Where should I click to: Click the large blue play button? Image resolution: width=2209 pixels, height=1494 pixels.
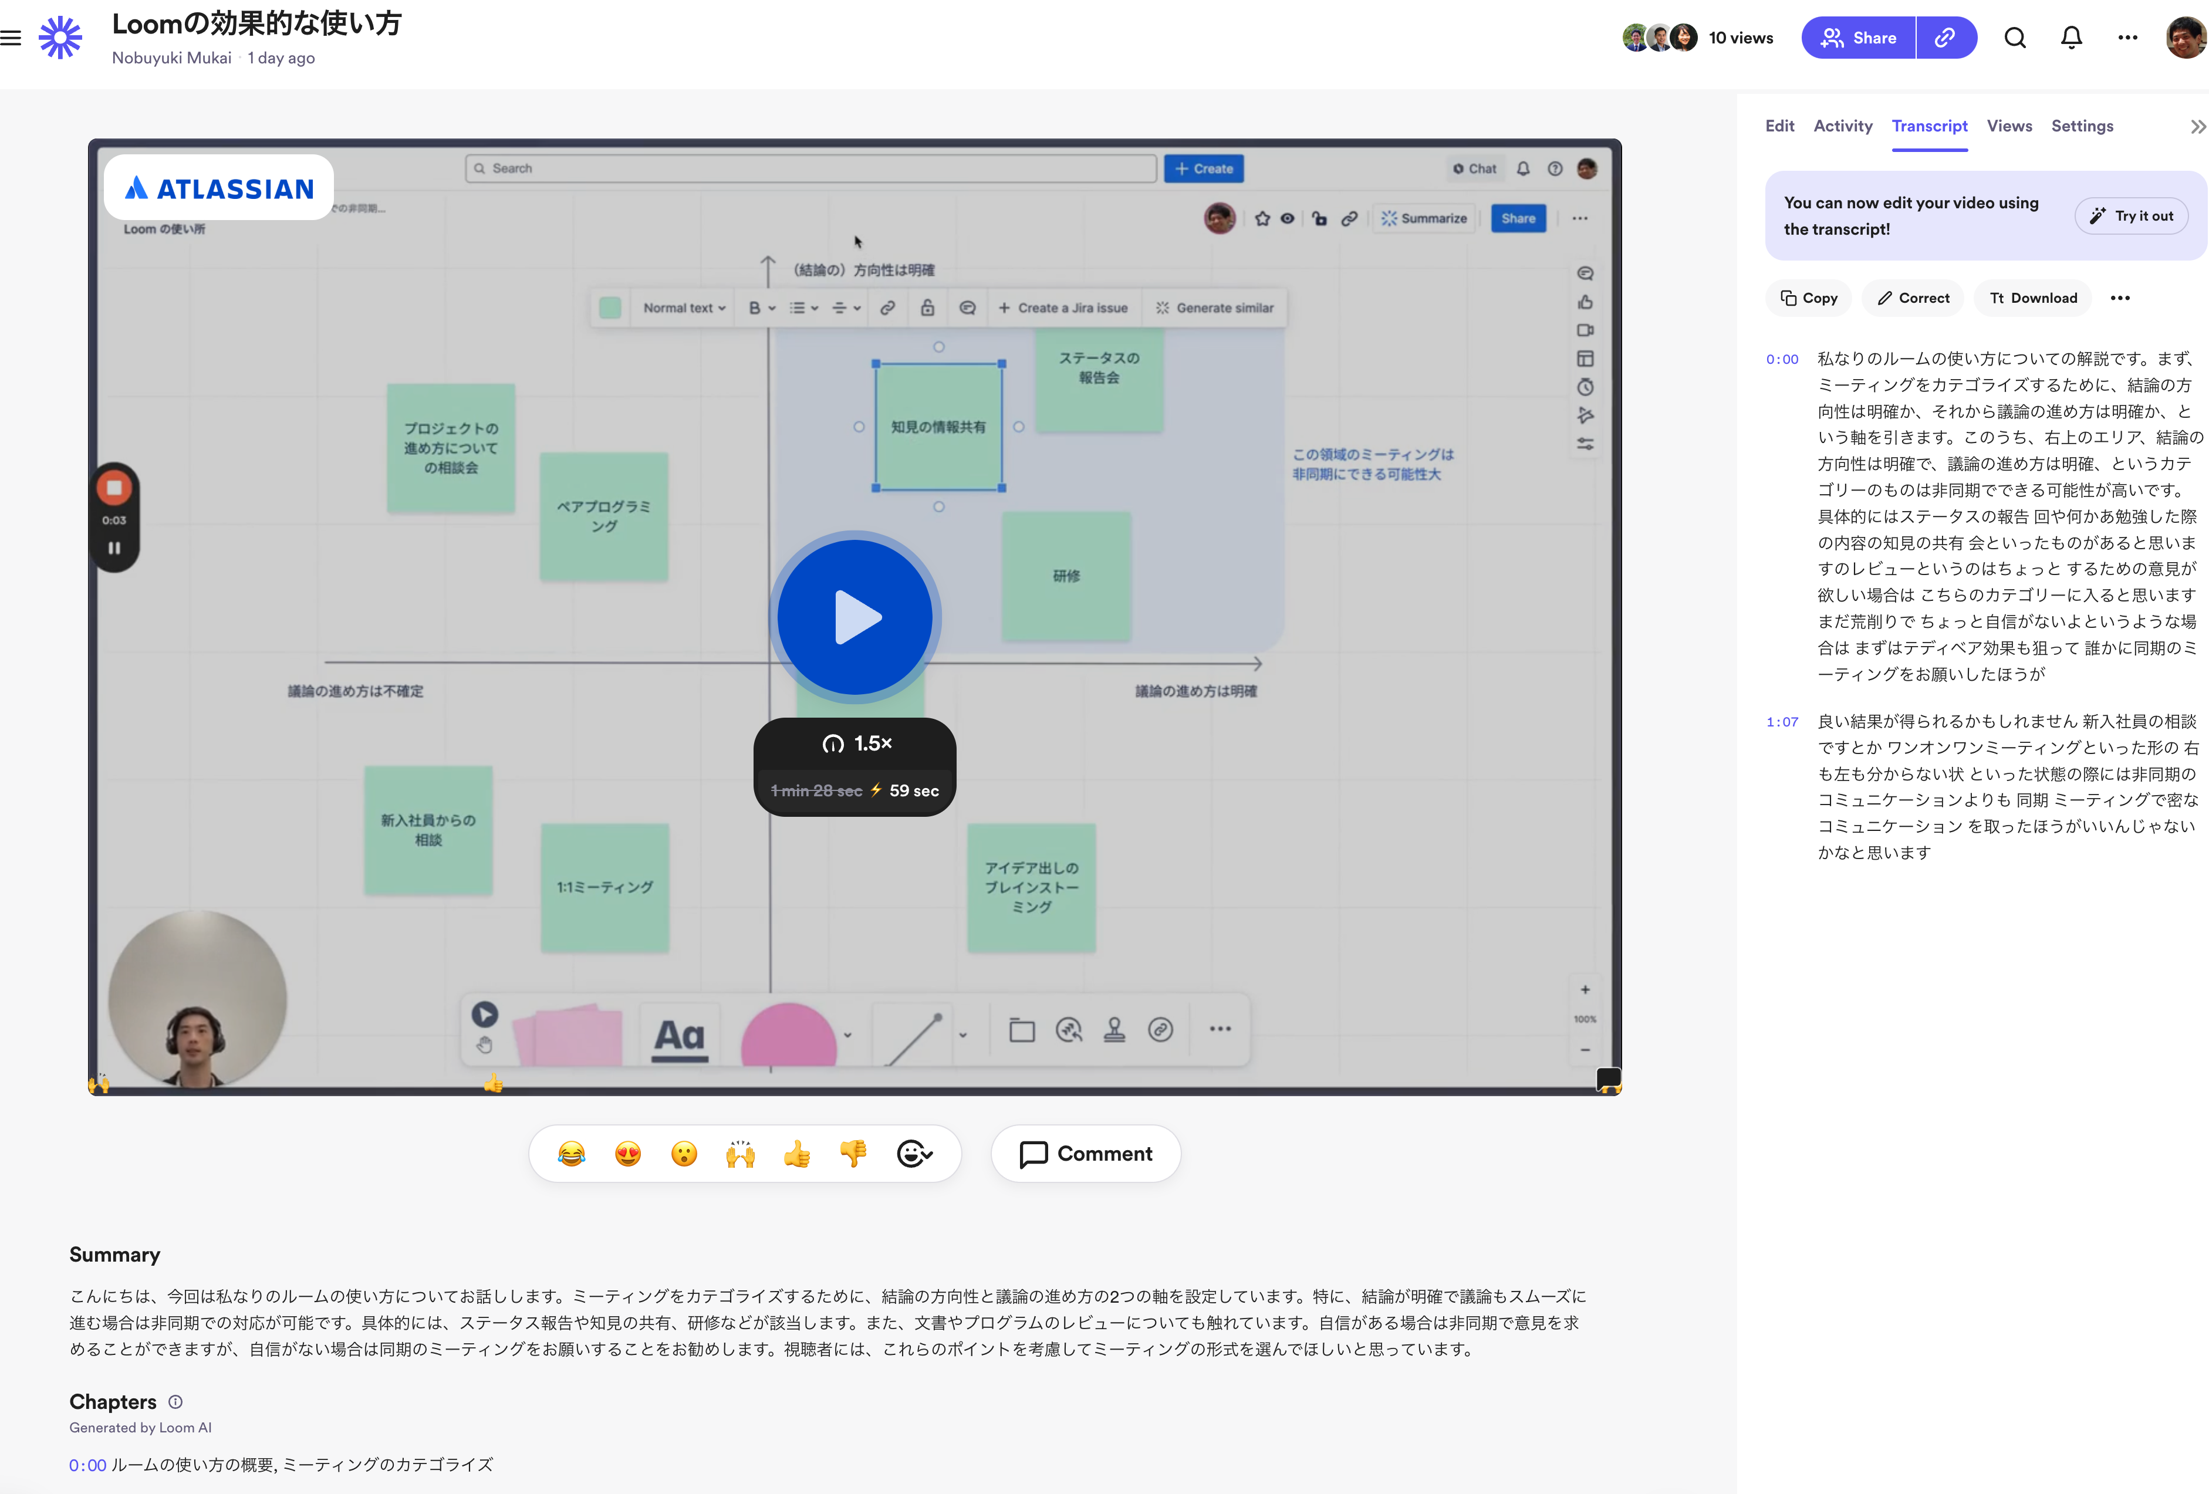click(x=854, y=617)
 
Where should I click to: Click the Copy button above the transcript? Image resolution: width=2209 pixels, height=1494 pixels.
click(x=1808, y=298)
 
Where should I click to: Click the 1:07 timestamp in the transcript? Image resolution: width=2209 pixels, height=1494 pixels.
click(x=1782, y=721)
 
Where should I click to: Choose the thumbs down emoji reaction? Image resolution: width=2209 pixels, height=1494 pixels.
click(x=853, y=1154)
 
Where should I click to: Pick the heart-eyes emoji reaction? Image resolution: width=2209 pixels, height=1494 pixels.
click(x=627, y=1154)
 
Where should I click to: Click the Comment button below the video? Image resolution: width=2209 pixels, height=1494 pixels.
click(x=1086, y=1154)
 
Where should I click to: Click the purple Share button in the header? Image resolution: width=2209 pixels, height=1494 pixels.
click(x=1858, y=38)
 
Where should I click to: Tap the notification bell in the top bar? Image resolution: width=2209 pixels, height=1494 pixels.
click(x=2071, y=38)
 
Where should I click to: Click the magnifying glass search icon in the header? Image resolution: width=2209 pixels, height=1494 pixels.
click(x=2015, y=38)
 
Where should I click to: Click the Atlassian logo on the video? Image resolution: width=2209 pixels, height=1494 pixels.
click(x=219, y=188)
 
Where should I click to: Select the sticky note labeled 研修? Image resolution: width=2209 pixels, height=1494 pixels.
click(x=1066, y=576)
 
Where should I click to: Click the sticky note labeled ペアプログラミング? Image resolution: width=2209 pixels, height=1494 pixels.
click(x=603, y=516)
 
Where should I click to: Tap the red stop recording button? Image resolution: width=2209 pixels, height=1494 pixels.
click(x=114, y=488)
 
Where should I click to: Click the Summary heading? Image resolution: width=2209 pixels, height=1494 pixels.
click(x=115, y=1255)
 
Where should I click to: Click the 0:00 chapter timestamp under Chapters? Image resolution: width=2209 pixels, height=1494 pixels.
click(x=87, y=1465)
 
